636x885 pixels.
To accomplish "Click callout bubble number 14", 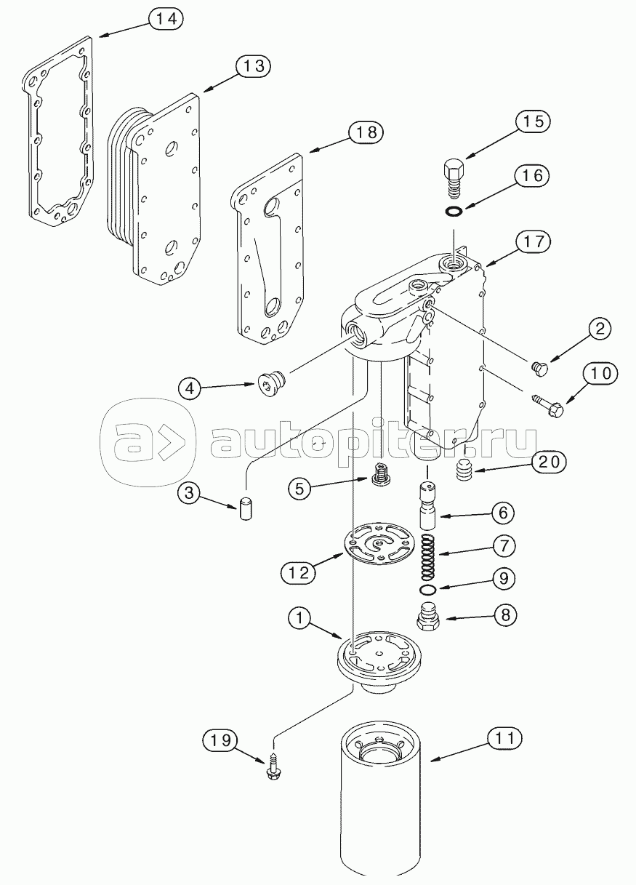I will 166,19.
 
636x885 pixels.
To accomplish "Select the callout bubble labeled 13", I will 253,66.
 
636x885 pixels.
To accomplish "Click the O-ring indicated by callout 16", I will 454,212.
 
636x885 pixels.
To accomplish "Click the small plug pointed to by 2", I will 539,369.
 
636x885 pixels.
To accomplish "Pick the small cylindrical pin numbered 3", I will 246,508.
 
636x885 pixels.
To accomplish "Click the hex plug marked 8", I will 429,618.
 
